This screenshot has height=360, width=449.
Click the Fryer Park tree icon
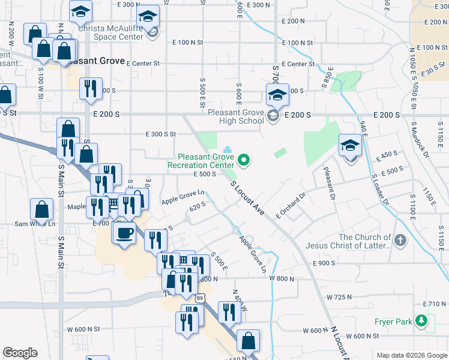(x=423, y=322)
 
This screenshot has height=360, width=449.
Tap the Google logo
(x=20, y=353)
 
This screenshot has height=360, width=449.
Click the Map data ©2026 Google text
(x=411, y=355)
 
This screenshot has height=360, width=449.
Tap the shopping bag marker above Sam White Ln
(x=42, y=209)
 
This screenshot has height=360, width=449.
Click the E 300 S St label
(x=160, y=134)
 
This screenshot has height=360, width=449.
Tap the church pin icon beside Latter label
(x=401, y=241)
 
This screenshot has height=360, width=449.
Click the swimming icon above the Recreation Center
(x=227, y=149)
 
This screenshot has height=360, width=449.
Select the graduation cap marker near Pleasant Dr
(x=350, y=145)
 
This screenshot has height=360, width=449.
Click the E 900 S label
(x=325, y=263)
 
